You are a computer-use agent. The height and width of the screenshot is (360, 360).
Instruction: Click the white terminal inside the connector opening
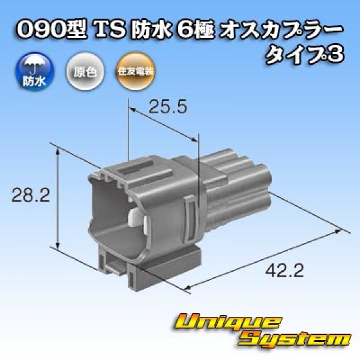click(137, 219)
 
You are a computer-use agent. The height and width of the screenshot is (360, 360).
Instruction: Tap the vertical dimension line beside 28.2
click(58, 198)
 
